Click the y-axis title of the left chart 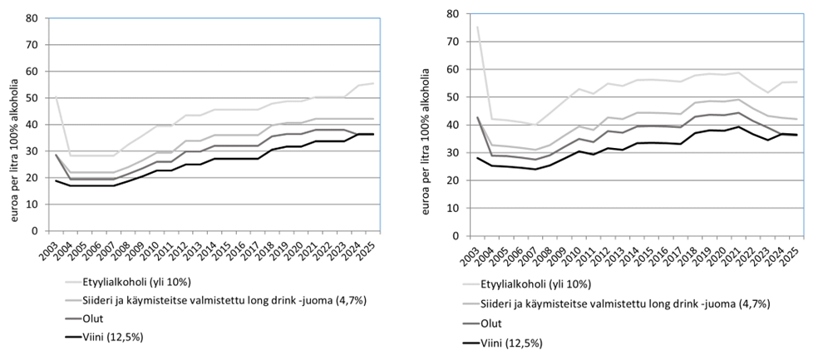tap(11, 125)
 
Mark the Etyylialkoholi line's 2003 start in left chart tap(56, 98)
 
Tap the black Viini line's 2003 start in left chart tap(56, 180)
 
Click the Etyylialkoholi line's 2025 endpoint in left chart tap(372, 83)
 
